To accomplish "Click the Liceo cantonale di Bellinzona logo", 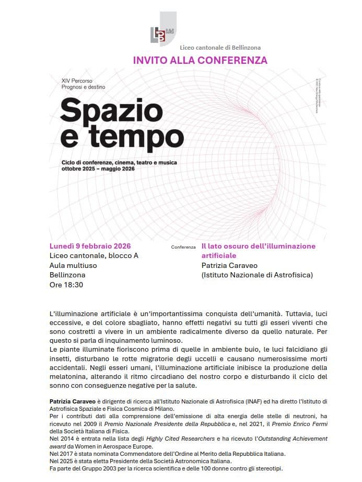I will click(x=162, y=31).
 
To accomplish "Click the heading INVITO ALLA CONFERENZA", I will click(x=200, y=60).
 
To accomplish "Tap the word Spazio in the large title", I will click(x=111, y=111).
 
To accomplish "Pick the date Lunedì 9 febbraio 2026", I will click(x=90, y=246).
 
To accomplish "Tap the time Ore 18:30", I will click(x=66, y=285).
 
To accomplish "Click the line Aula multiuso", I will click(x=73, y=265).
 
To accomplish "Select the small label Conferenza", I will click(x=183, y=246).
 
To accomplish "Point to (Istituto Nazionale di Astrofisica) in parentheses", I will click(x=257, y=275).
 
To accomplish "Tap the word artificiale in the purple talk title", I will click(x=219, y=255).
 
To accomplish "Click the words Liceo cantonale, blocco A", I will click(x=94, y=255).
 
